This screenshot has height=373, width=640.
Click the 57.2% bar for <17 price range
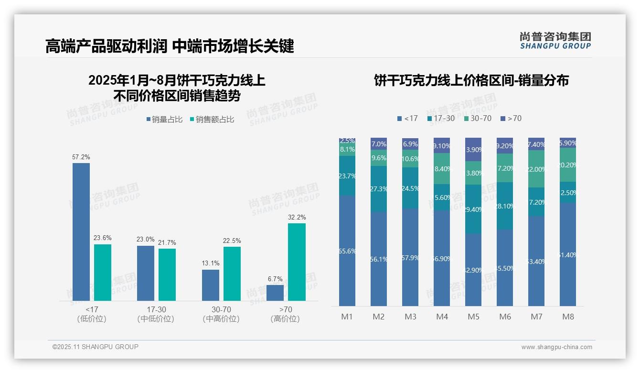(x=81, y=232)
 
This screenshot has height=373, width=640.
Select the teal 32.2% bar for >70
(x=297, y=262)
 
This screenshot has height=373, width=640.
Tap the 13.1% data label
(x=211, y=263)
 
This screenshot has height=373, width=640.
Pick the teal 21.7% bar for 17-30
(x=167, y=274)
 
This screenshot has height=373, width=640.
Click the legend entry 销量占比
(x=164, y=120)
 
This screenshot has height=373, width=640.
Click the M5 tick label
(x=473, y=317)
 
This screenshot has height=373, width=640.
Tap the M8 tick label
(x=568, y=317)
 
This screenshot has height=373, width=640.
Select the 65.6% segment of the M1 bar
(x=347, y=251)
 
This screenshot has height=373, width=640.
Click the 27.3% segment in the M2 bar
(x=379, y=189)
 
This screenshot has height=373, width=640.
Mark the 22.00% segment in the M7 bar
(x=536, y=169)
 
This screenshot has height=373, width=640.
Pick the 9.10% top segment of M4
(x=442, y=145)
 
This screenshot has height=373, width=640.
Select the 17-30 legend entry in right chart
(x=441, y=118)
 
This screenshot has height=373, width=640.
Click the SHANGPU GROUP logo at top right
(x=555, y=40)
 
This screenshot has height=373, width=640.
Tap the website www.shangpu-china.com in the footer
(x=556, y=347)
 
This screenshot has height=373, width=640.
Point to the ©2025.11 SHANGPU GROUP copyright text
(x=96, y=347)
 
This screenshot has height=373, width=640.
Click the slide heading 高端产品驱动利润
(x=106, y=46)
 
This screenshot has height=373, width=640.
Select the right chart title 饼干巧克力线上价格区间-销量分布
(x=471, y=80)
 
